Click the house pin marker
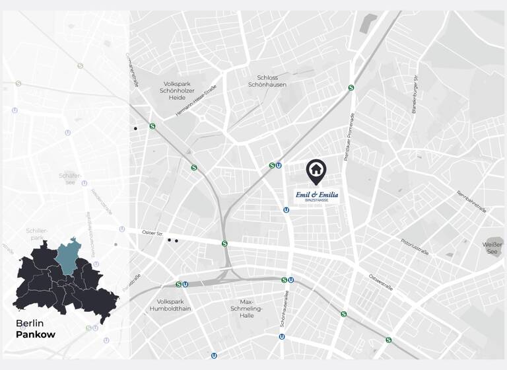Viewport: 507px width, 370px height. click(316, 171)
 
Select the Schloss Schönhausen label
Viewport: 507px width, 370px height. click(267, 81)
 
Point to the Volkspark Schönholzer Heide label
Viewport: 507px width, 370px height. click(177, 91)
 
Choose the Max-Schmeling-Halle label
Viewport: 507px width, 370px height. click(247, 309)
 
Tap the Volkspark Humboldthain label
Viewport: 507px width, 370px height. click(171, 305)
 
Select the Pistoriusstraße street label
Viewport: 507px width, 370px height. click(414, 246)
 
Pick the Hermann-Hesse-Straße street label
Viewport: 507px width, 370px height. click(196, 104)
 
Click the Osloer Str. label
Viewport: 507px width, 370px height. click(152, 232)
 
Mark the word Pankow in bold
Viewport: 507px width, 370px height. click(36, 334)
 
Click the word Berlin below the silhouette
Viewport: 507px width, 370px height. click(30, 323)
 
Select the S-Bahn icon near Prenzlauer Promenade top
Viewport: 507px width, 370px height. click(351, 87)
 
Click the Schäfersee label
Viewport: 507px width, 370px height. click(71, 178)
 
